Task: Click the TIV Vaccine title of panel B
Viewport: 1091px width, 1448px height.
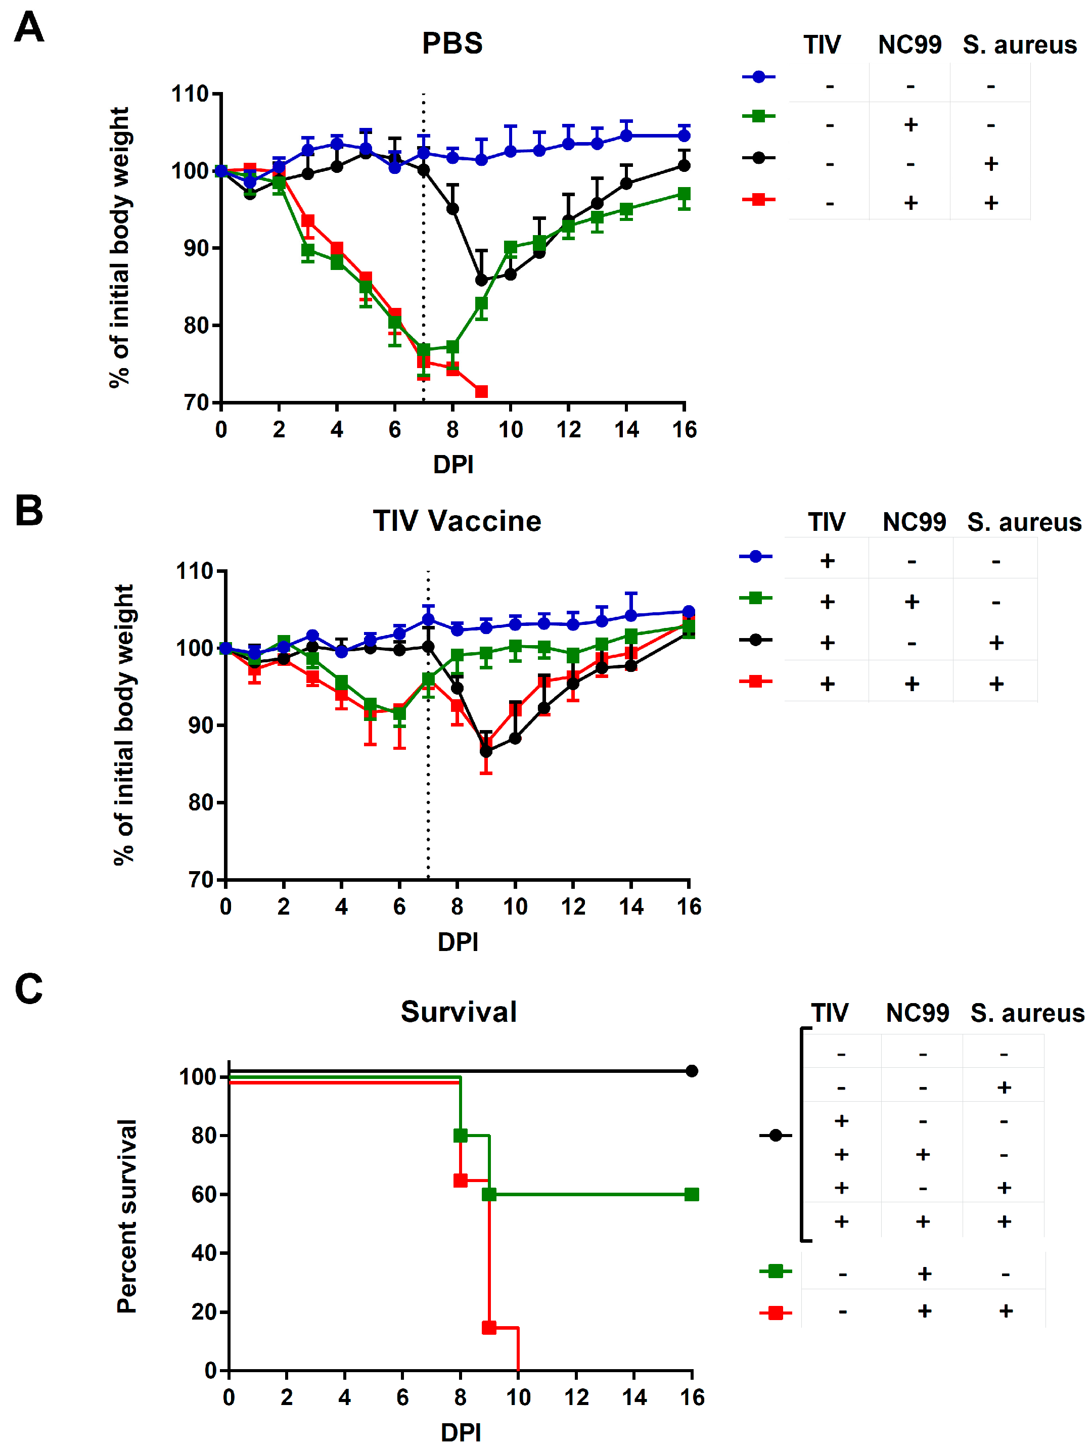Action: (x=457, y=521)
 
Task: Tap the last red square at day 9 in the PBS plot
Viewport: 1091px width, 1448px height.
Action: (x=481, y=391)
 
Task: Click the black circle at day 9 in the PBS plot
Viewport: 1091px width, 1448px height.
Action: (x=481, y=280)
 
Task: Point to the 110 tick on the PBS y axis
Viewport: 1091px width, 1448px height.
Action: (x=190, y=94)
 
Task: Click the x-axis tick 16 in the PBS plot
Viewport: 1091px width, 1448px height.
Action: (x=684, y=430)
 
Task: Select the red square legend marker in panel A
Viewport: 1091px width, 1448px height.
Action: (x=758, y=199)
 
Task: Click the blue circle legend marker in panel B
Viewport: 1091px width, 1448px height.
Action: (x=755, y=557)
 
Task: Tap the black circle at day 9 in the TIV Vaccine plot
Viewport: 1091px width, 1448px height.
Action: (x=486, y=751)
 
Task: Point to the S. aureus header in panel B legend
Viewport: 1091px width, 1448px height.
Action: (x=1024, y=522)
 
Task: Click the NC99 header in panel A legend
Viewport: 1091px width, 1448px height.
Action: (x=909, y=45)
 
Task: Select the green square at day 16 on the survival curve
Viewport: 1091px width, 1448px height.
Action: (x=691, y=1195)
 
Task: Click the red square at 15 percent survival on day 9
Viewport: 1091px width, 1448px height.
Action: (x=489, y=1328)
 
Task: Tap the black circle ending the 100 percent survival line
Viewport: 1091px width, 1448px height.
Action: (x=691, y=1071)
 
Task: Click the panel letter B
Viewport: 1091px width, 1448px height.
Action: (x=29, y=511)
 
